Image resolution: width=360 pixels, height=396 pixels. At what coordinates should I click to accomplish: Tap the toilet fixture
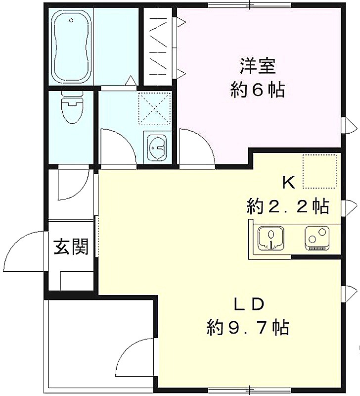72,107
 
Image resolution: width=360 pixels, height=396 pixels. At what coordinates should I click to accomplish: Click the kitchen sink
270,238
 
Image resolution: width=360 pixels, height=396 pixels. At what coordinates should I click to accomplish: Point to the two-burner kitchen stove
317,238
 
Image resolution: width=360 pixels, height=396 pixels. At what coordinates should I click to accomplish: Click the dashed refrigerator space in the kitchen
319,171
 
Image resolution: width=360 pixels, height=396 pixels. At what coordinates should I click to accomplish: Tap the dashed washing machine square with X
154,108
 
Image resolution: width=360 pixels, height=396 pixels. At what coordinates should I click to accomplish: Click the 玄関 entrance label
71,247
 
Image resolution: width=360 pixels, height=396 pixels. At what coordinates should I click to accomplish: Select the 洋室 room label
258,66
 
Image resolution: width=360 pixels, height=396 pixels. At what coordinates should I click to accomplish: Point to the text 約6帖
258,90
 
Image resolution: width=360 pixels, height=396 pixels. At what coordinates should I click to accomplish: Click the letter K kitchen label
289,183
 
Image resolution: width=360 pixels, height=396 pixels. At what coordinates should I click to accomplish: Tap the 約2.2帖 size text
288,206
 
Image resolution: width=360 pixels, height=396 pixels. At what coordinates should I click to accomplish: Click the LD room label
249,304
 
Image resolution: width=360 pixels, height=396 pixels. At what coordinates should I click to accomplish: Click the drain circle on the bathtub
71,20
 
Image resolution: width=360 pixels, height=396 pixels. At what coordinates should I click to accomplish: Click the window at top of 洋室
250,4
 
